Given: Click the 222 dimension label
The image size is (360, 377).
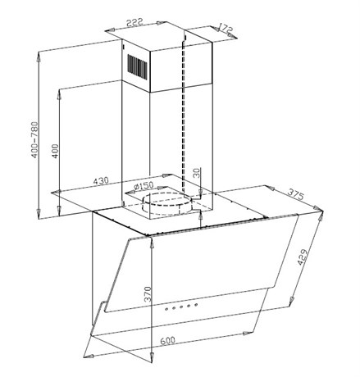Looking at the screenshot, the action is pyautogui.click(x=134, y=22).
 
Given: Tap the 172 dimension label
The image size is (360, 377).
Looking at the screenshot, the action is pyautogui.click(x=226, y=29).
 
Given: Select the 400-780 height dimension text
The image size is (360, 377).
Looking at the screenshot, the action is pyautogui.click(x=34, y=139).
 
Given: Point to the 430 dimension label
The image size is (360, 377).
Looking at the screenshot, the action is pyautogui.click(x=101, y=181).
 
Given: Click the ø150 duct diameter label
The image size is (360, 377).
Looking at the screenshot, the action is pyautogui.click(x=144, y=186).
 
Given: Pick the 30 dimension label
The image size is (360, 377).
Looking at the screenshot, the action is pyautogui.click(x=197, y=173).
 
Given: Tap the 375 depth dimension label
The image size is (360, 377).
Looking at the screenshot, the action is pyautogui.click(x=295, y=194).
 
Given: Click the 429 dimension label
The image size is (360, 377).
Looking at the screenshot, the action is pyautogui.click(x=303, y=257).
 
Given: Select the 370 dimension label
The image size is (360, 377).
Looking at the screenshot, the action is pyautogui.click(x=148, y=294).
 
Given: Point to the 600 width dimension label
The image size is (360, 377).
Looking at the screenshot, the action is pyautogui.click(x=167, y=341).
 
